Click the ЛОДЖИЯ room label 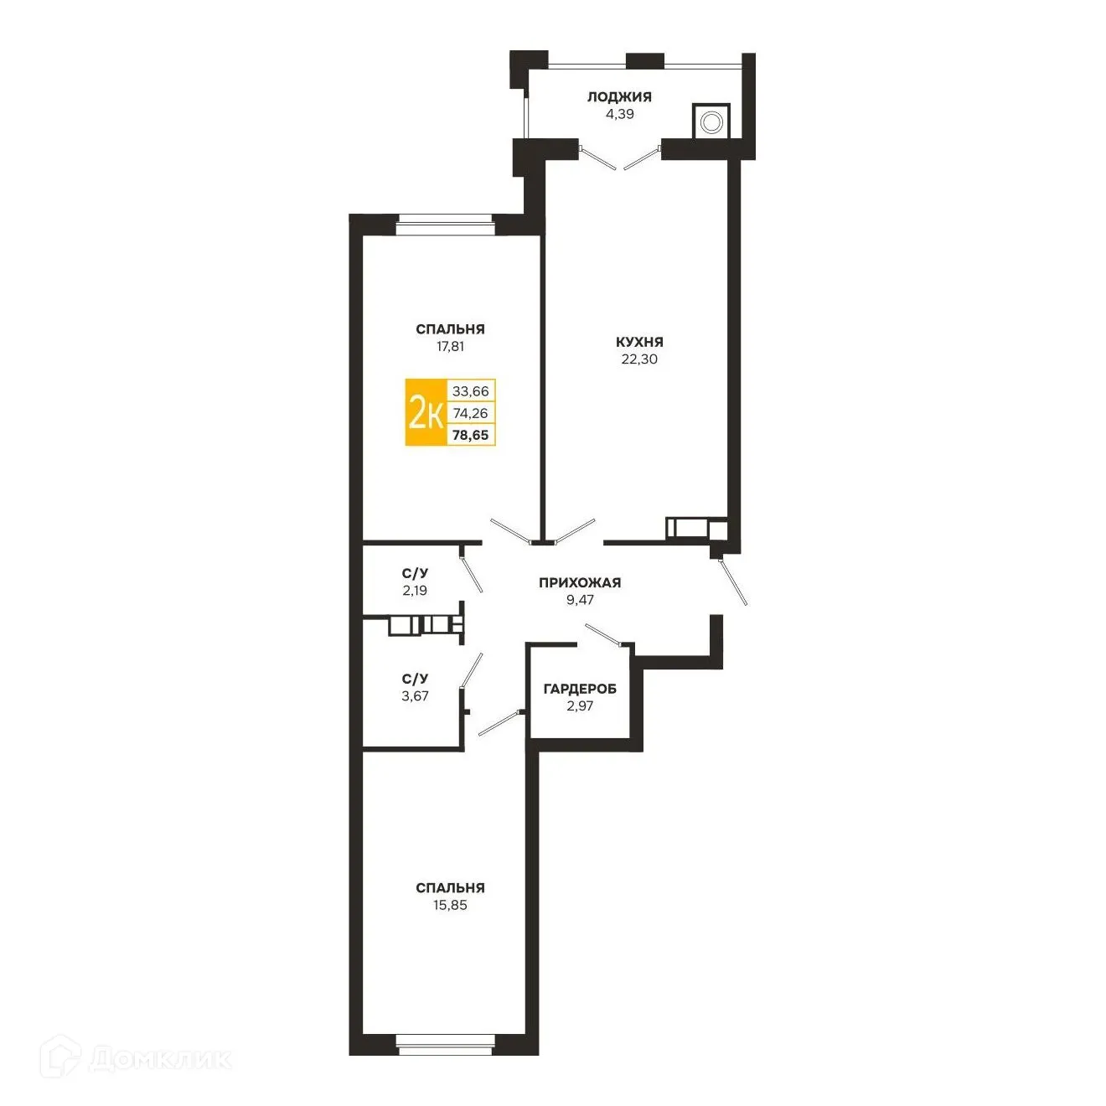tap(619, 97)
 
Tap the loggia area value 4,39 tap(620, 115)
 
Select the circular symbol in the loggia tap(711, 122)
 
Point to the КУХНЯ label tap(639, 342)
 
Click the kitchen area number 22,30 tap(639, 359)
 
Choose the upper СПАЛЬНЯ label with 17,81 tap(450, 329)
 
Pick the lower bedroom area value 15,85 tap(450, 905)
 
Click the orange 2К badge tap(426, 412)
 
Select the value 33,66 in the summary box tap(471, 391)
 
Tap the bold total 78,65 tap(471, 435)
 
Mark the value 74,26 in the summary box tap(471, 413)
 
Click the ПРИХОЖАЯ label tap(580, 582)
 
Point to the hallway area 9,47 tap(580, 600)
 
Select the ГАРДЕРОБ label tap(580, 689)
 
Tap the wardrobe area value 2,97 tap(580, 706)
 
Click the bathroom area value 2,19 tap(415, 591)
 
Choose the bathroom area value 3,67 tap(415, 696)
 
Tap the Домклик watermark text tap(160, 1058)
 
